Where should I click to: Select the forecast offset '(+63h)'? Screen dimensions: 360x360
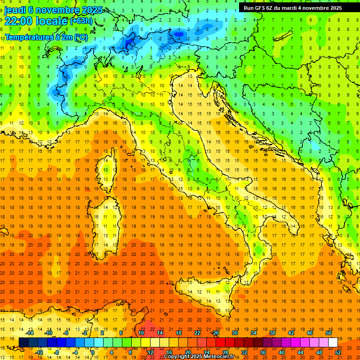click(81, 21)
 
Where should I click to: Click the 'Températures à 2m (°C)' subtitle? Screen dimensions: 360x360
click(46, 37)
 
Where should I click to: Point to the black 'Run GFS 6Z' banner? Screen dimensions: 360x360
click(292, 8)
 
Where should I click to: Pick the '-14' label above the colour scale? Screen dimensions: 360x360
click(30, 333)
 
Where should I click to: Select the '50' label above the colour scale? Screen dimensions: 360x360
click(329, 333)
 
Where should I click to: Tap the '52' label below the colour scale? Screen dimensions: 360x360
click(338, 352)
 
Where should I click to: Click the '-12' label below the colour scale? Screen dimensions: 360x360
click(40, 352)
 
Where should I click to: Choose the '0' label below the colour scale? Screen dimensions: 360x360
click(93, 352)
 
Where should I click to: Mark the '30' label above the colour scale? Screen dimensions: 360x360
click(235, 333)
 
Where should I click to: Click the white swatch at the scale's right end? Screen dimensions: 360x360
click(333, 343)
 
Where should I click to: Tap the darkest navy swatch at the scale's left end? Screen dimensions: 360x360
click(23, 343)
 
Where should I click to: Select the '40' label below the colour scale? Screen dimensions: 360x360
click(282, 352)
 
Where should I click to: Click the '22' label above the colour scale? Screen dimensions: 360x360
click(197, 333)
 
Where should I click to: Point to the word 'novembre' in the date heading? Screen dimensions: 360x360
click(58, 9)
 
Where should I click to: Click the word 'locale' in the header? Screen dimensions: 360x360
click(51, 21)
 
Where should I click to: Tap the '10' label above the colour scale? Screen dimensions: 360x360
click(141, 333)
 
